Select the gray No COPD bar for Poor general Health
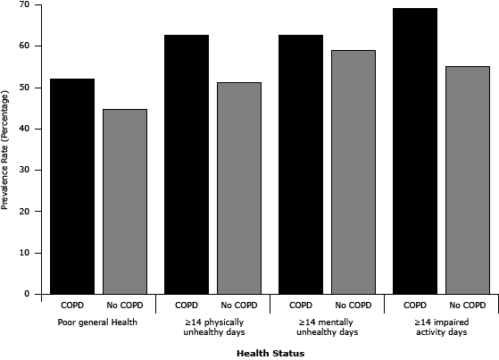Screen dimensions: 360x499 pos(125,201)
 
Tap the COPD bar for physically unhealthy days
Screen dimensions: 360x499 pos(186,164)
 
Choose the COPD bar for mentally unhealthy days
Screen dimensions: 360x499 pos(301,164)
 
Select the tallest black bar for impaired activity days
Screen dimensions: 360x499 pos(415,151)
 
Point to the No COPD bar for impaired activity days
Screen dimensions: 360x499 pos(468,180)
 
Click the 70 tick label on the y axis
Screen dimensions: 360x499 pos(23,4)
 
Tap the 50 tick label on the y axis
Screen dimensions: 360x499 pos(23,88)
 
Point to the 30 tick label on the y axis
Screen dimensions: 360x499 pos(23,170)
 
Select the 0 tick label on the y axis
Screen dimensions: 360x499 pos(26,294)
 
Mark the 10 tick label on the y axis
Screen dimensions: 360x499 pos(23,253)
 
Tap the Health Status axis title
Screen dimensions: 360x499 pos(270,353)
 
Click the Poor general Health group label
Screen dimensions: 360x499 pos(98,322)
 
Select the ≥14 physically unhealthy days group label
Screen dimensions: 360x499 pos(212,327)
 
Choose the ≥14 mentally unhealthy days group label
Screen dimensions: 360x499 pos(327,327)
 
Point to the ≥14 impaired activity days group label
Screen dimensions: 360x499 pos(441,327)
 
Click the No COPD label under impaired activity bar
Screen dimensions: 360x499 pos(468,305)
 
